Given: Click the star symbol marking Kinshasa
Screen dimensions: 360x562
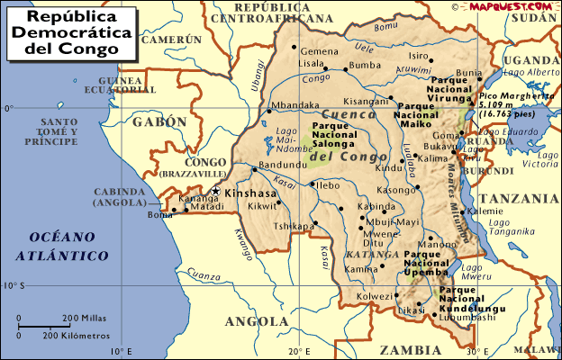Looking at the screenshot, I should point(215,191).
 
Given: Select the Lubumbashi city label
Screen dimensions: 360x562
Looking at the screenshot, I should point(469,317).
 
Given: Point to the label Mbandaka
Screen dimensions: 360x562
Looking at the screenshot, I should point(296,105).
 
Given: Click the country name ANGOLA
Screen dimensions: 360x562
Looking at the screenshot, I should point(256,321).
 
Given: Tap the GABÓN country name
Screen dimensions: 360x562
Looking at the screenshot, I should point(159,121).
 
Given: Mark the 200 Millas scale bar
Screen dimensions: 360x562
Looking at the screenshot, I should point(45,319).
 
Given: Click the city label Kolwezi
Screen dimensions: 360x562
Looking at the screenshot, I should point(376,295).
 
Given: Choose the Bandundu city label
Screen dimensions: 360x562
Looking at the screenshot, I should point(277,166).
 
